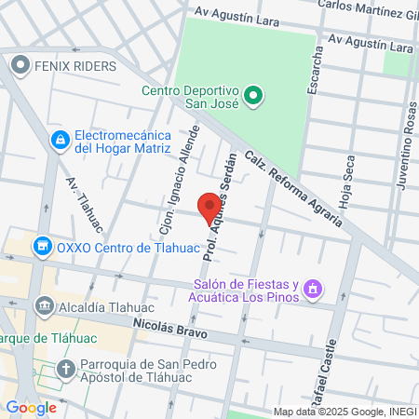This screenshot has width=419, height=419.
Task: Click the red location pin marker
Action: (x=209, y=206)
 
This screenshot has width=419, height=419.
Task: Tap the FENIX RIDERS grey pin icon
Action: (x=20, y=66)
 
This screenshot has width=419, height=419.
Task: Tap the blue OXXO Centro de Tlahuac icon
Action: (x=41, y=247)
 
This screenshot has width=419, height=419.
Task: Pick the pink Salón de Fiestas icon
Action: (x=314, y=290)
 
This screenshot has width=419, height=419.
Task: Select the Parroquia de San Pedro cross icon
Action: (x=66, y=370)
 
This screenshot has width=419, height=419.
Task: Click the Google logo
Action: (x=31, y=407)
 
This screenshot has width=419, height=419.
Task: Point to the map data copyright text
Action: (x=345, y=412)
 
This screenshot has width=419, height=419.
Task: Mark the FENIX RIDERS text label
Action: (x=75, y=66)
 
